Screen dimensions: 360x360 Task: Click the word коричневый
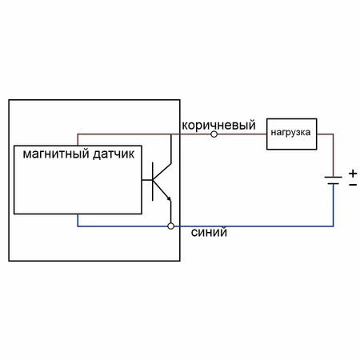coord(218,126)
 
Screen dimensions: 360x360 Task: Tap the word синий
coord(209,232)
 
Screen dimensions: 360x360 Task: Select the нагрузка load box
coord(292,134)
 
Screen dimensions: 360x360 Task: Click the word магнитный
coord(56,154)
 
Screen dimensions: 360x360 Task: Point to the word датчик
coord(114,154)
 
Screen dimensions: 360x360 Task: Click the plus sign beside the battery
coord(353,174)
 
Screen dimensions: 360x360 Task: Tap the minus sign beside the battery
coord(353,185)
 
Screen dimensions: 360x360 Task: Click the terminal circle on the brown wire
coord(214,134)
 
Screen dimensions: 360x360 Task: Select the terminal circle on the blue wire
coord(170,226)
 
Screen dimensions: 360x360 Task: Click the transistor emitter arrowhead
coord(169,198)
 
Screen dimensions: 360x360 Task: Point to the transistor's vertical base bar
coord(153,181)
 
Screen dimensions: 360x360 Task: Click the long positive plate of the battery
coord(334,177)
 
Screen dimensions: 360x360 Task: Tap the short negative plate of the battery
coord(334,183)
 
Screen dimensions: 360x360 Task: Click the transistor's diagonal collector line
coord(162,172)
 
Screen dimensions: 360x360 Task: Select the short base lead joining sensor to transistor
coord(147,180)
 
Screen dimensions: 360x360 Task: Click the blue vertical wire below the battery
coord(334,206)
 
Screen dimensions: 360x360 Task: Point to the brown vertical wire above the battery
coord(334,155)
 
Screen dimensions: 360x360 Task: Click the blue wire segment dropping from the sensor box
coord(78,220)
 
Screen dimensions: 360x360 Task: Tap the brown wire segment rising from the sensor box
coord(78,140)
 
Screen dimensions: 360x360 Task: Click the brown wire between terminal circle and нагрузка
coord(242,134)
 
